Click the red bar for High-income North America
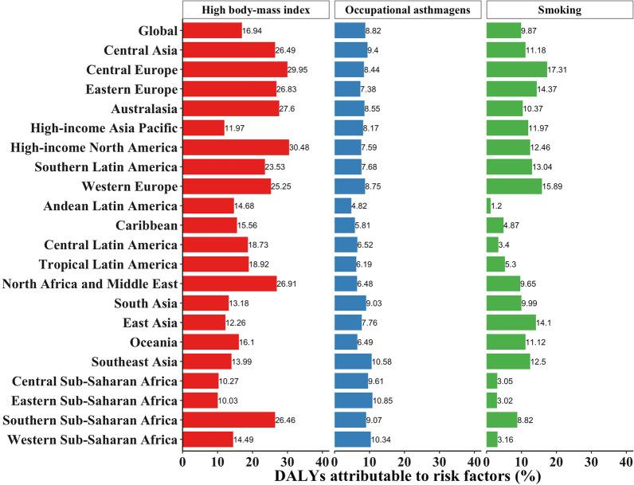point(236,147)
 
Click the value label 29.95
point(299,69)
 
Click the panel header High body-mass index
point(256,10)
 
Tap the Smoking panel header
point(558,10)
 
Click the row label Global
point(155,31)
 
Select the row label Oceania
point(151,342)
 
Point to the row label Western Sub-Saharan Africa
point(92,439)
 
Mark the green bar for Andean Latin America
point(488,205)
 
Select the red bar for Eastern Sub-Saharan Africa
point(200,400)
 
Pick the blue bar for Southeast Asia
point(353,361)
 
